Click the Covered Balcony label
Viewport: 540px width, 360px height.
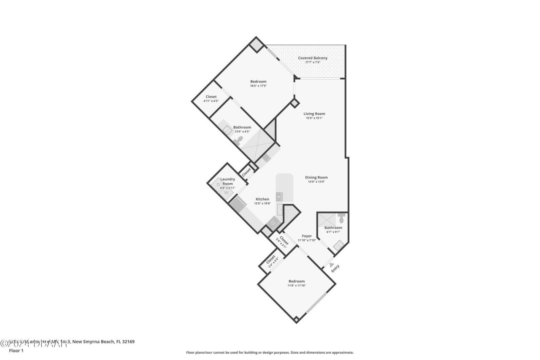point(313,58)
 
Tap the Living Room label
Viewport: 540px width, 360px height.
point(314,114)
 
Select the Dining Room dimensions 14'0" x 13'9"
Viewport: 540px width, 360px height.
point(316,182)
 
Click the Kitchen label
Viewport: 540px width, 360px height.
point(262,199)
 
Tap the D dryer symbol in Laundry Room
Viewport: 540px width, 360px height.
point(218,184)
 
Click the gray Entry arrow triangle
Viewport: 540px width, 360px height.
point(332,265)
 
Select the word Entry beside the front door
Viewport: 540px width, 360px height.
point(335,268)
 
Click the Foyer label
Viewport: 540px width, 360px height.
point(307,236)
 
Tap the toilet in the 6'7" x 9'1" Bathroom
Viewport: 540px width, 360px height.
point(342,219)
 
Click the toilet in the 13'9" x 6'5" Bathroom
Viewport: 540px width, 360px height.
point(239,140)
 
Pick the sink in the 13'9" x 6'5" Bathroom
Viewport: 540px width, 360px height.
point(227,130)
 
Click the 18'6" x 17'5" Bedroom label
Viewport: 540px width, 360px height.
point(258,81)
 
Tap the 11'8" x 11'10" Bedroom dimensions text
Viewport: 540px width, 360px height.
point(297,286)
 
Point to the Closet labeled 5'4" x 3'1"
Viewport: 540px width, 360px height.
point(283,241)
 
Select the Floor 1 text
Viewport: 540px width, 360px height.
point(16,350)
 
